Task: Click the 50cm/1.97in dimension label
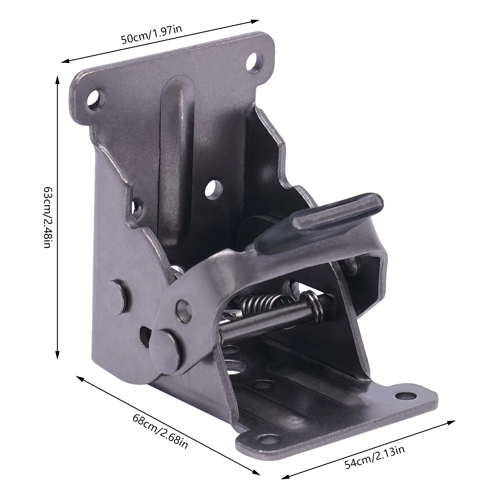click(152, 35)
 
